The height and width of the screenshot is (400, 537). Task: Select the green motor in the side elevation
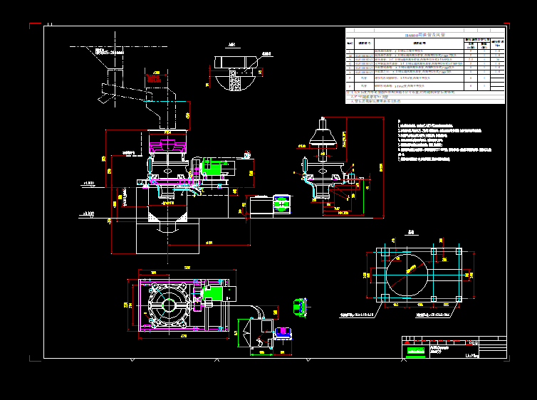[x=212, y=168]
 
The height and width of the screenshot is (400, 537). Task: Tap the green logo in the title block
[x=414, y=351]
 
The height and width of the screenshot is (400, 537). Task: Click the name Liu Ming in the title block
[x=471, y=353]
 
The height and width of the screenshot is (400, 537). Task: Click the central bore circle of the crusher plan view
[x=169, y=305]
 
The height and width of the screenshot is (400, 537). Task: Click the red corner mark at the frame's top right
[x=508, y=26]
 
